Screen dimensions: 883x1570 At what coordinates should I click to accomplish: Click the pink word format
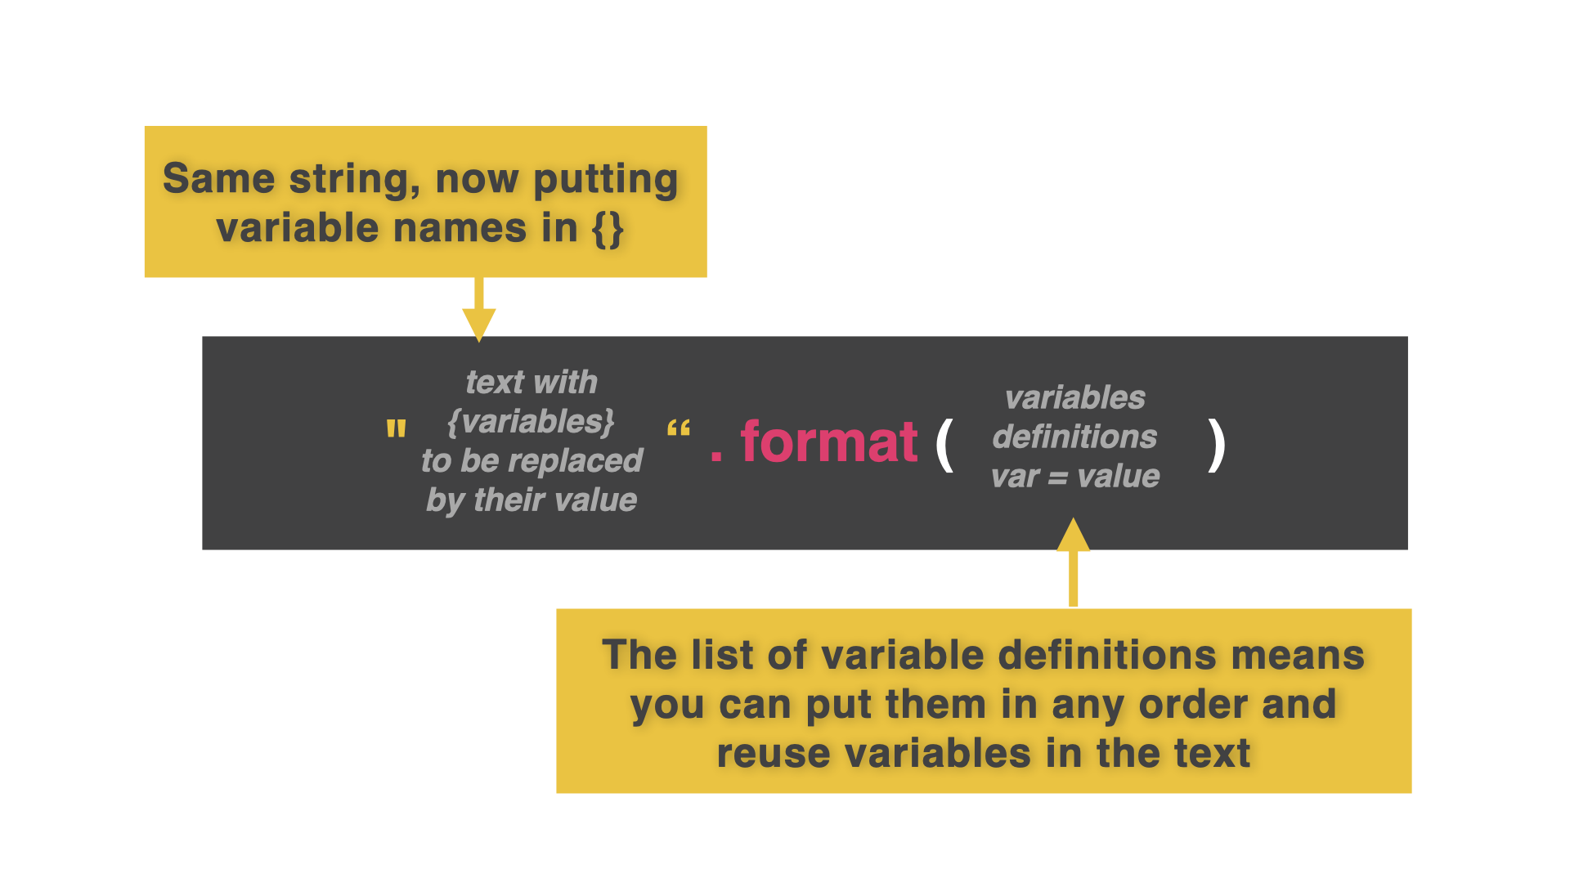tap(828, 442)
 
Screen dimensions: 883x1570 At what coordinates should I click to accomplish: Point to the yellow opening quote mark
tap(396, 429)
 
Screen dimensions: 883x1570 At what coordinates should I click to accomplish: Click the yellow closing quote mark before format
tap(679, 429)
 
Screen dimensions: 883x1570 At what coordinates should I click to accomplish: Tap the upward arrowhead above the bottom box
tap(1073, 536)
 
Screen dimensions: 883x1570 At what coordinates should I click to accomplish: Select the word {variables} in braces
tap(531, 422)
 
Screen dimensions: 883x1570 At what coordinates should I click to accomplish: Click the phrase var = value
tap(1074, 476)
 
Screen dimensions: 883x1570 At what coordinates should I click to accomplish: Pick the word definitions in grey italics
tap(1074, 437)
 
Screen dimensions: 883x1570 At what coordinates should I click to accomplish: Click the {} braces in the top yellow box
tap(608, 228)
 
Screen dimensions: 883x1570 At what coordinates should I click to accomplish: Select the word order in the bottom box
tap(1193, 705)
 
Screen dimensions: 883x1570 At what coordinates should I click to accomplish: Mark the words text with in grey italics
tap(532, 383)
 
